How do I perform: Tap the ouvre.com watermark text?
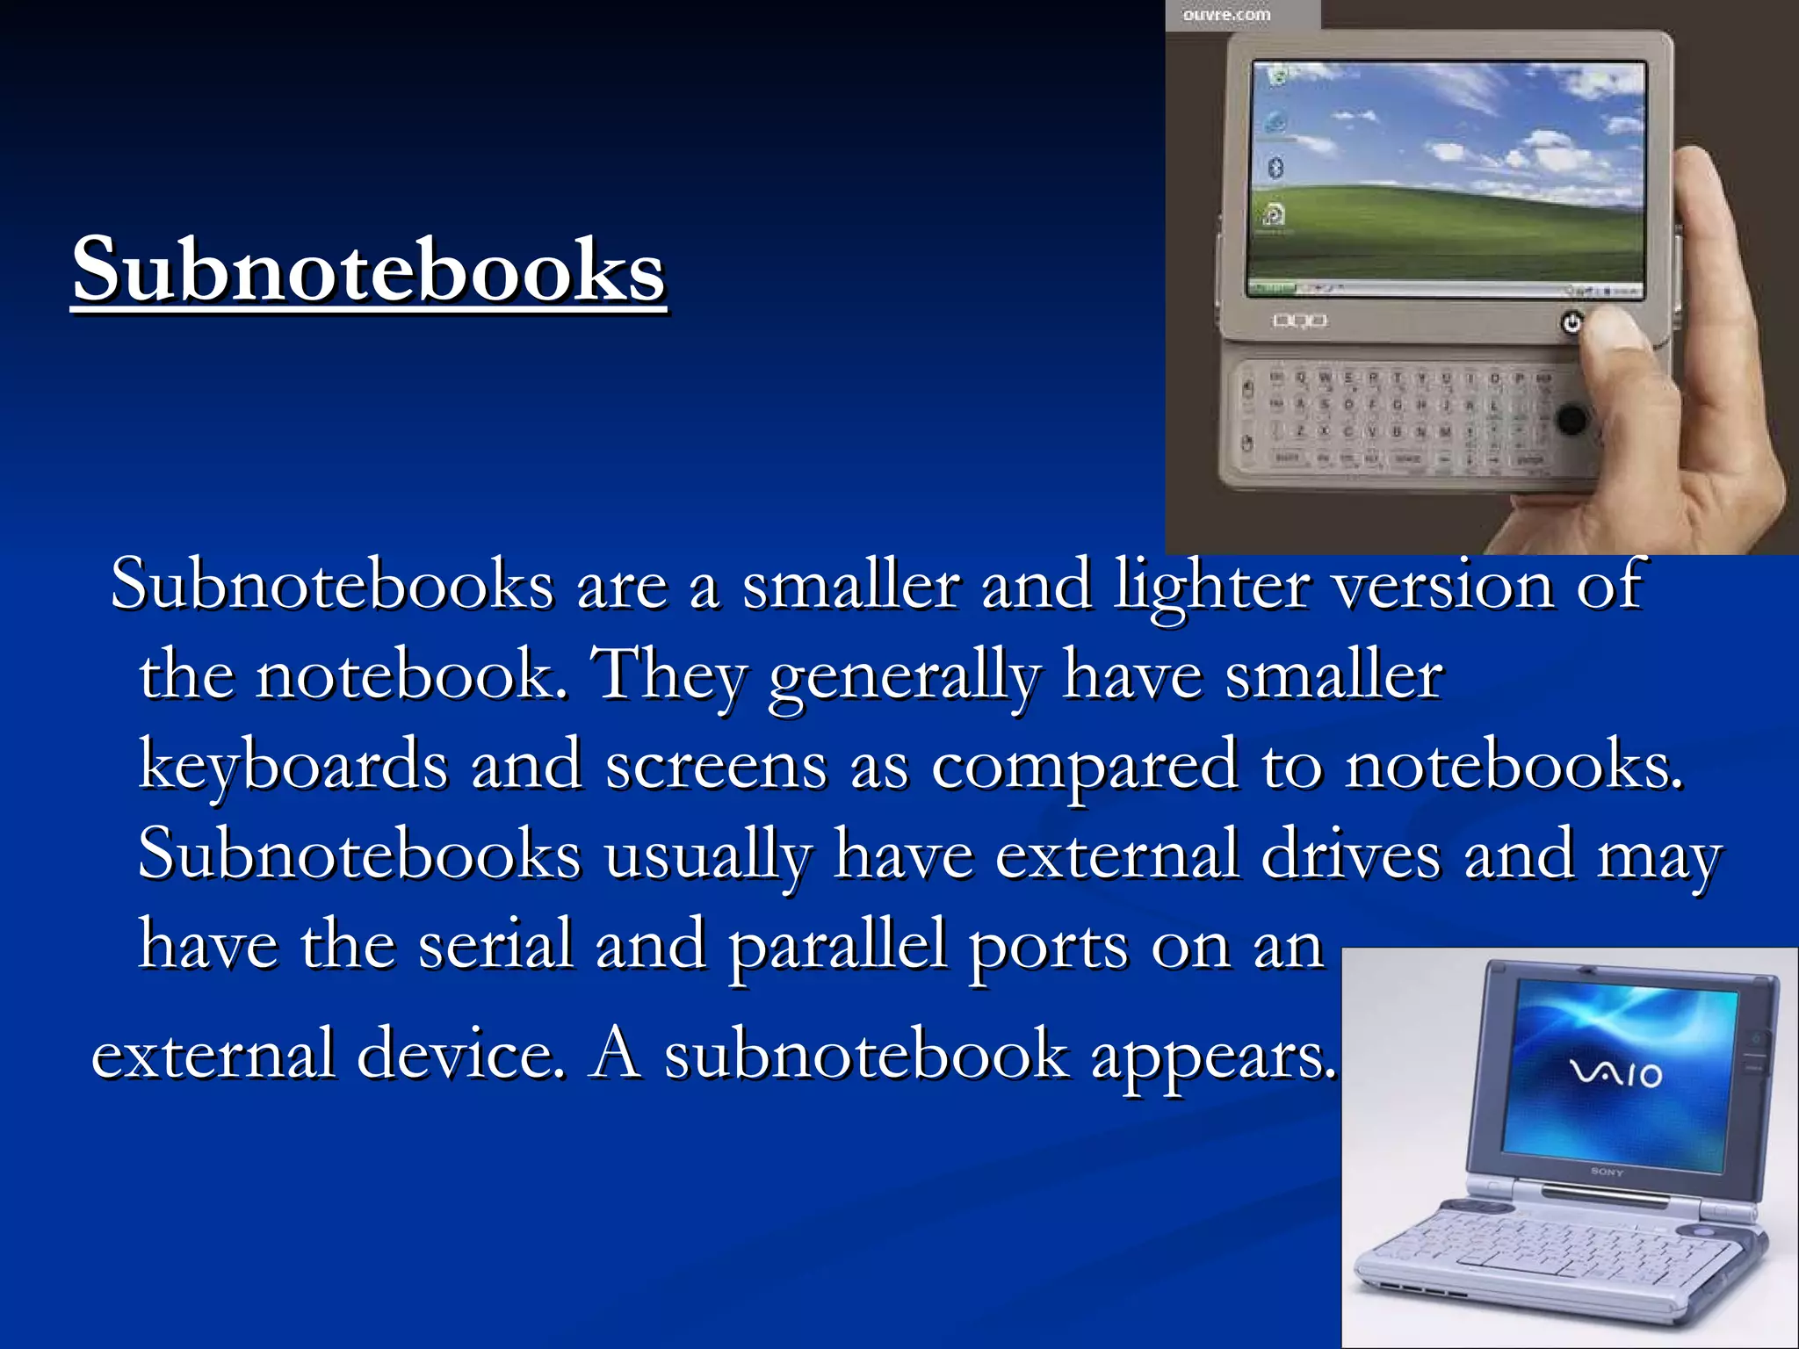[x=1226, y=15]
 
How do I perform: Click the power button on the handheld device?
[x=1571, y=322]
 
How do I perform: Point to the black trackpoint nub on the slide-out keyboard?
[x=1571, y=419]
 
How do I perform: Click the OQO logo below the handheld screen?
[x=1300, y=321]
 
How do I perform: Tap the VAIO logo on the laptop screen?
[x=1615, y=1073]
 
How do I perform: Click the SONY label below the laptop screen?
[x=1607, y=1172]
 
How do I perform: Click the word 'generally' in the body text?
[x=904, y=677]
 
